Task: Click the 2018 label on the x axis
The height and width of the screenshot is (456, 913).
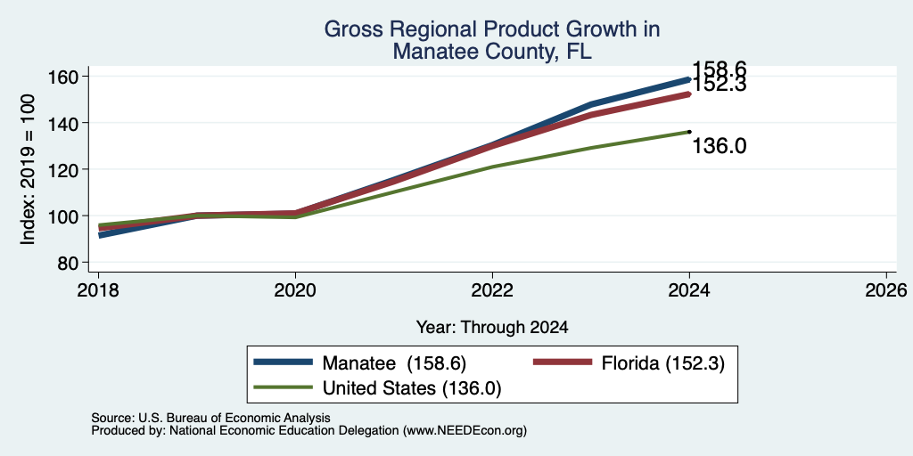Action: pos(98,289)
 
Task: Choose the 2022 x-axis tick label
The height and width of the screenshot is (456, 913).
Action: pos(492,289)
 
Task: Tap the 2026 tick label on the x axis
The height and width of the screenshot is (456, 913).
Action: pos(886,289)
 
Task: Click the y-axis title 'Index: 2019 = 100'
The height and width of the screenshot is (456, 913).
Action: pos(28,169)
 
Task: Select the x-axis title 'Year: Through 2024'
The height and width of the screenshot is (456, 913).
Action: pos(492,328)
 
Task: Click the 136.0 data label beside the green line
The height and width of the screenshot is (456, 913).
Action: pos(720,146)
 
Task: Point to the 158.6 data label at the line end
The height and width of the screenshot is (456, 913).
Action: pos(720,69)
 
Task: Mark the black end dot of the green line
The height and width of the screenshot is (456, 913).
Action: pos(689,132)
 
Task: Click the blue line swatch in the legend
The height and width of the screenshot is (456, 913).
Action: pos(283,362)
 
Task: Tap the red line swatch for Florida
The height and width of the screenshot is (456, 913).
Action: pos(563,362)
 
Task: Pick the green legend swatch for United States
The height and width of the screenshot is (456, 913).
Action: pos(283,388)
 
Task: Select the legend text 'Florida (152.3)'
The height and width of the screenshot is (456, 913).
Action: pos(663,363)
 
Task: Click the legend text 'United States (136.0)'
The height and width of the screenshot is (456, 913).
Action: pos(411,388)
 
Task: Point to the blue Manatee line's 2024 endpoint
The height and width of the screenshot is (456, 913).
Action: pos(689,79)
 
